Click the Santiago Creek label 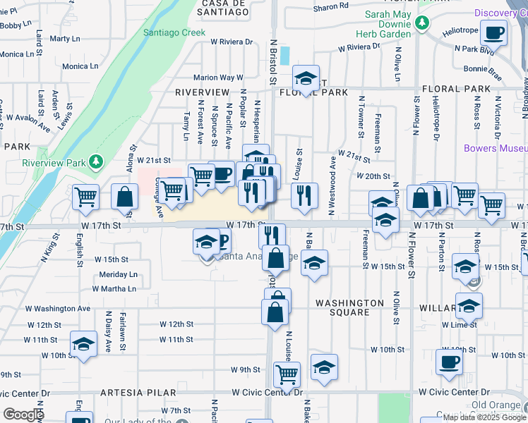pyautogui.click(x=174, y=32)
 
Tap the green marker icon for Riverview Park pyautogui.click(x=96, y=164)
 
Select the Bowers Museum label pyautogui.click(x=496, y=149)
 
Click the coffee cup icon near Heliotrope pyautogui.click(x=493, y=32)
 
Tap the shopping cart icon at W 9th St pyautogui.click(x=287, y=374)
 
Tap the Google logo pyautogui.click(x=23, y=415)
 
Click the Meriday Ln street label pyautogui.click(x=118, y=274)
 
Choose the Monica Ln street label pyautogui.click(x=80, y=66)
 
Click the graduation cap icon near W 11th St pyautogui.click(x=84, y=345)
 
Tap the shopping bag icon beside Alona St pyautogui.click(x=125, y=198)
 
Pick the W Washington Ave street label pyautogui.click(x=59, y=308)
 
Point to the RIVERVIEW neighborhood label pyautogui.click(x=203, y=92)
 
